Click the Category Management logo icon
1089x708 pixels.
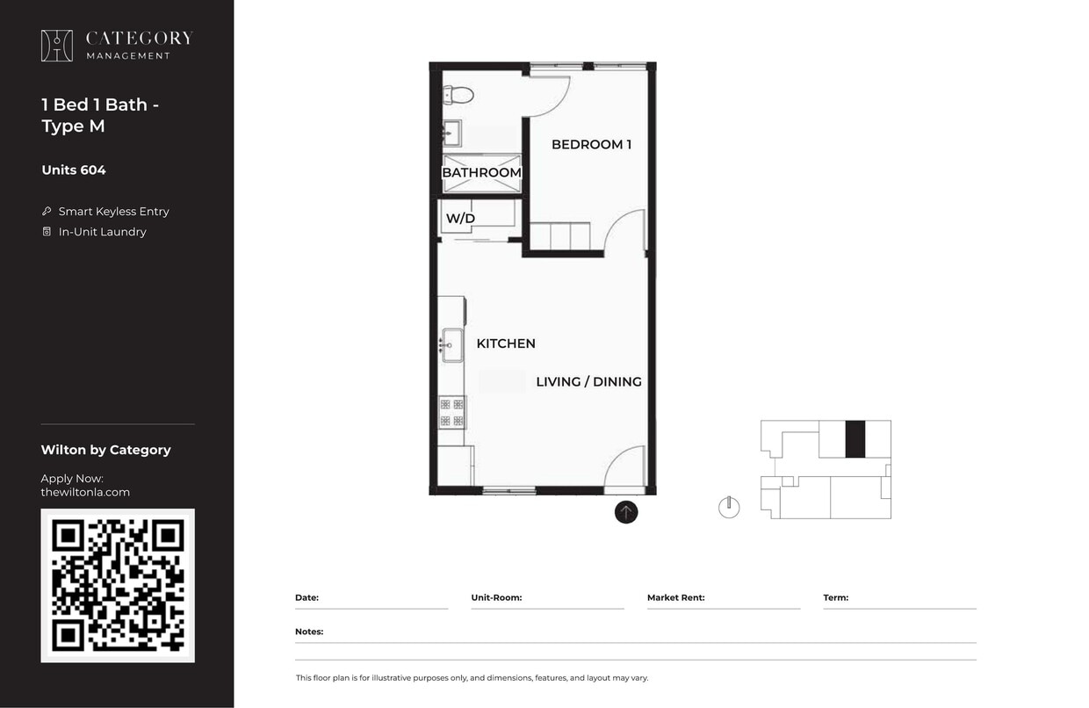pyautogui.click(x=57, y=46)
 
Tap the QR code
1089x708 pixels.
pyautogui.click(x=118, y=585)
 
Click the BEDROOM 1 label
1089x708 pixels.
pyautogui.click(x=591, y=144)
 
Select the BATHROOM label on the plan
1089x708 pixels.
pyautogui.click(x=481, y=173)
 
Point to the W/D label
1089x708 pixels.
pyautogui.click(x=460, y=218)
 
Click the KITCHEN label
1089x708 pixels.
pyautogui.click(x=506, y=343)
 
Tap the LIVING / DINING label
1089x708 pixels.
pyautogui.click(x=588, y=381)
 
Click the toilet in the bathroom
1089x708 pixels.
pyautogui.click(x=458, y=95)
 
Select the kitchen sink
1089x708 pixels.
pyautogui.click(x=452, y=344)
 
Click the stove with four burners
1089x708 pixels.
pyautogui.click(x=452, y=411)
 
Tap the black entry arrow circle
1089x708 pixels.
pyautogui.click(x=626, y=512)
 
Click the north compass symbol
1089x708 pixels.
pyautogui.click(x=729, y=507)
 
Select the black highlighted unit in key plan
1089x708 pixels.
pyautogui.click(x=855, y=439)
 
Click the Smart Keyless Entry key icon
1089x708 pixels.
pyautogui.click(x=47, y=212)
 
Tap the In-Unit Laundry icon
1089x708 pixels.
pyautogui.click(x=47, y=232)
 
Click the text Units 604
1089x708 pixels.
pyautogui.click(x=74, y=170)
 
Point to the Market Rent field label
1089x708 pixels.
pyautogui.click(x=675, y=597)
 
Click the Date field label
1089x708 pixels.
pyautogui.click(x=307, y=597)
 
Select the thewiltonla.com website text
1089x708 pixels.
pyautogui.click(x=85, y=492)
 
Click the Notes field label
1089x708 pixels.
pyautogui.click(x=309, y=632)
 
